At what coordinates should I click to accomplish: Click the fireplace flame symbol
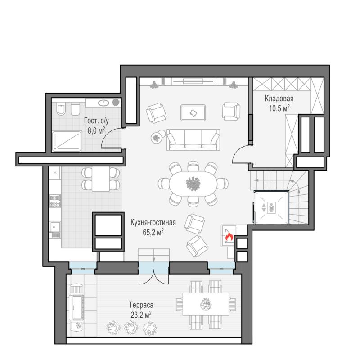(x=229, y=236)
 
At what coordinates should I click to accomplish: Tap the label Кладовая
(x=279, y=99)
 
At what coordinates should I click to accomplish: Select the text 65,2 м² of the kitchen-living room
(x=153, y=232)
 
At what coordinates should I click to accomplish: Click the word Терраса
(x=141, y=305)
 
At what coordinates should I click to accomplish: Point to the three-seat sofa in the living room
(x=193, y=139)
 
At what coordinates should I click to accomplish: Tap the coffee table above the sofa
(x=193, y=112)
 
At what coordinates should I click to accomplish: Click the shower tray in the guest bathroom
(x=67, y=141)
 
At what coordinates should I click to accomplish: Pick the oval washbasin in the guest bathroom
(x=104, y=103)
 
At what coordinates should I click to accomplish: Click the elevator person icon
(x=272, y=207)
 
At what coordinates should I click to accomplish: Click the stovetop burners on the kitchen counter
(x=55, y=201)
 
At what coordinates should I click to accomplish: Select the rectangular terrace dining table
(x=206, y=304)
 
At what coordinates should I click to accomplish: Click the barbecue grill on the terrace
(x=76, y=302)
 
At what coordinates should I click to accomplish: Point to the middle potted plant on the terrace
(x=131, y=328)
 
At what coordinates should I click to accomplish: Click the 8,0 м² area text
(x=96, y=130)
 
